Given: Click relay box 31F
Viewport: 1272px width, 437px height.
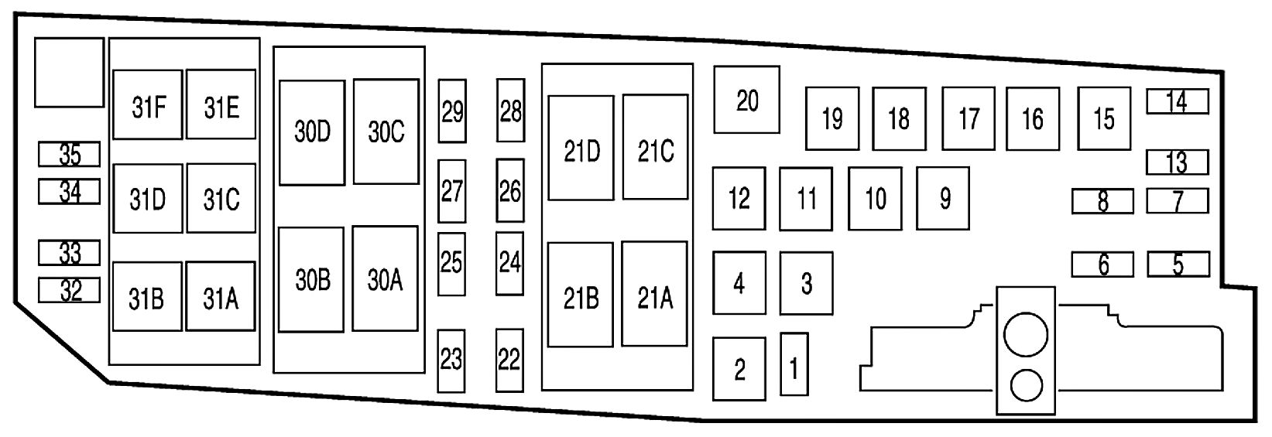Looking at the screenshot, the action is [148, 105].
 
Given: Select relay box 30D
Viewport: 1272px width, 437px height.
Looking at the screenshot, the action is [312, 132].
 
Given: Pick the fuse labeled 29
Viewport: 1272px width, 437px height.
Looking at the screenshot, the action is [452, 111].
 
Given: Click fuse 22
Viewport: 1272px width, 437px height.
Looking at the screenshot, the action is [509, 360].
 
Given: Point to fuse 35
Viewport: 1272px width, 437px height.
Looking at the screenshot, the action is [70, 155].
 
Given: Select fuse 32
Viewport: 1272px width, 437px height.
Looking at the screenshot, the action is [70, 290].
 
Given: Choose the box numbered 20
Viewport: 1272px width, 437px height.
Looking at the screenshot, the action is [746, 100].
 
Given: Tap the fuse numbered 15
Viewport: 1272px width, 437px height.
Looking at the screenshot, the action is [1104, 118].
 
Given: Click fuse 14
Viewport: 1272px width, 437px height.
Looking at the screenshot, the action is [1177, 101].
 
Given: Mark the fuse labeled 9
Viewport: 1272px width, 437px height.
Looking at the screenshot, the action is [943, 199].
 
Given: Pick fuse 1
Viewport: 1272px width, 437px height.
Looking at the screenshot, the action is [794, 364].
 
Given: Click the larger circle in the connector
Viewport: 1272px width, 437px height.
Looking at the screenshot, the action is [1025, 335].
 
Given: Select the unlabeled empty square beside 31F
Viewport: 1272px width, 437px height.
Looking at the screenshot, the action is [69, 72].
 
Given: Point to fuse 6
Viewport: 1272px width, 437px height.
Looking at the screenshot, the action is [1102, 265].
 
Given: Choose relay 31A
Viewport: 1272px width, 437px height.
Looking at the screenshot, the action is [221, 296].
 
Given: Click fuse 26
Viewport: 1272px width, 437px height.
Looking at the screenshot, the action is [510, 191].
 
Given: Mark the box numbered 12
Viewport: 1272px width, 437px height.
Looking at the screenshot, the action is [739, 198].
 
